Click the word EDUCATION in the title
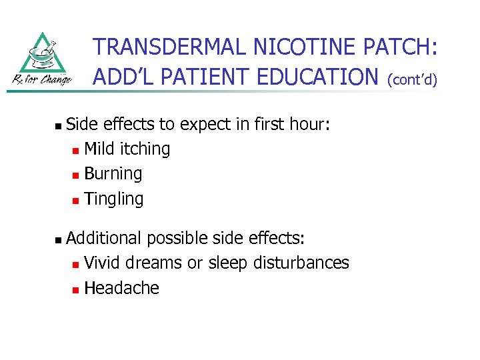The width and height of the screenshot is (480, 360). (312, 77)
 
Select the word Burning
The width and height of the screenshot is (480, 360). (113, 174)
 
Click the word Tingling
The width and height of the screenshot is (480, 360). (114, 199)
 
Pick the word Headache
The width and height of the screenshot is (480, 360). (122, 288)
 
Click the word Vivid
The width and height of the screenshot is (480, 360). (103, 263)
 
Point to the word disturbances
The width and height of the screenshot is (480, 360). (301, 263)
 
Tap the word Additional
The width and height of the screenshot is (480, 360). (104, 238)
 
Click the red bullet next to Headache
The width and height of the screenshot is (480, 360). (77, 289)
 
